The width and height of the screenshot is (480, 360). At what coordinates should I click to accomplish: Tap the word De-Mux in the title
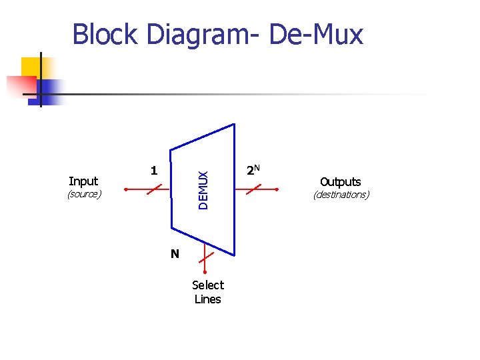click(x=316, y=34)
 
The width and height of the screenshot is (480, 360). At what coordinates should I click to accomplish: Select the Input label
click(x=83, y=181)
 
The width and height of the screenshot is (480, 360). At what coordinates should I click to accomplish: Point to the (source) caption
click(x=83, y=194)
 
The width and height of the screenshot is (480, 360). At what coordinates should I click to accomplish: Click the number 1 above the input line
click(x=153, y=171)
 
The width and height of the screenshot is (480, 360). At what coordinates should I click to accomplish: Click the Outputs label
click(x=340, y=181)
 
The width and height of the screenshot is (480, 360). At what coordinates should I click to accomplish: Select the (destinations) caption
click(x=340, y=195)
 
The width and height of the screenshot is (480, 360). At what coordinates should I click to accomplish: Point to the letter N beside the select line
click(x=174, y=253)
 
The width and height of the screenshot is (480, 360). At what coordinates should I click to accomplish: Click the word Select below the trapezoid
click(x=207, y=285)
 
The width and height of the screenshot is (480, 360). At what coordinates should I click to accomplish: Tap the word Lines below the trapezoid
click(x=207, y=299)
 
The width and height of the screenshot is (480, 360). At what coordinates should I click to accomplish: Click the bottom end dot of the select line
click(x=205, y=272)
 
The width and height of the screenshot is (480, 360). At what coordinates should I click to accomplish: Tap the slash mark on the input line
click(x=154, y=189)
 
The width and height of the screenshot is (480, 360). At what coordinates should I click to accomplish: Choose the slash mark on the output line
click(x=252, y=189)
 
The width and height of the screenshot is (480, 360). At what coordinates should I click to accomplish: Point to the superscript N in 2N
click(x=257, y=167)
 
